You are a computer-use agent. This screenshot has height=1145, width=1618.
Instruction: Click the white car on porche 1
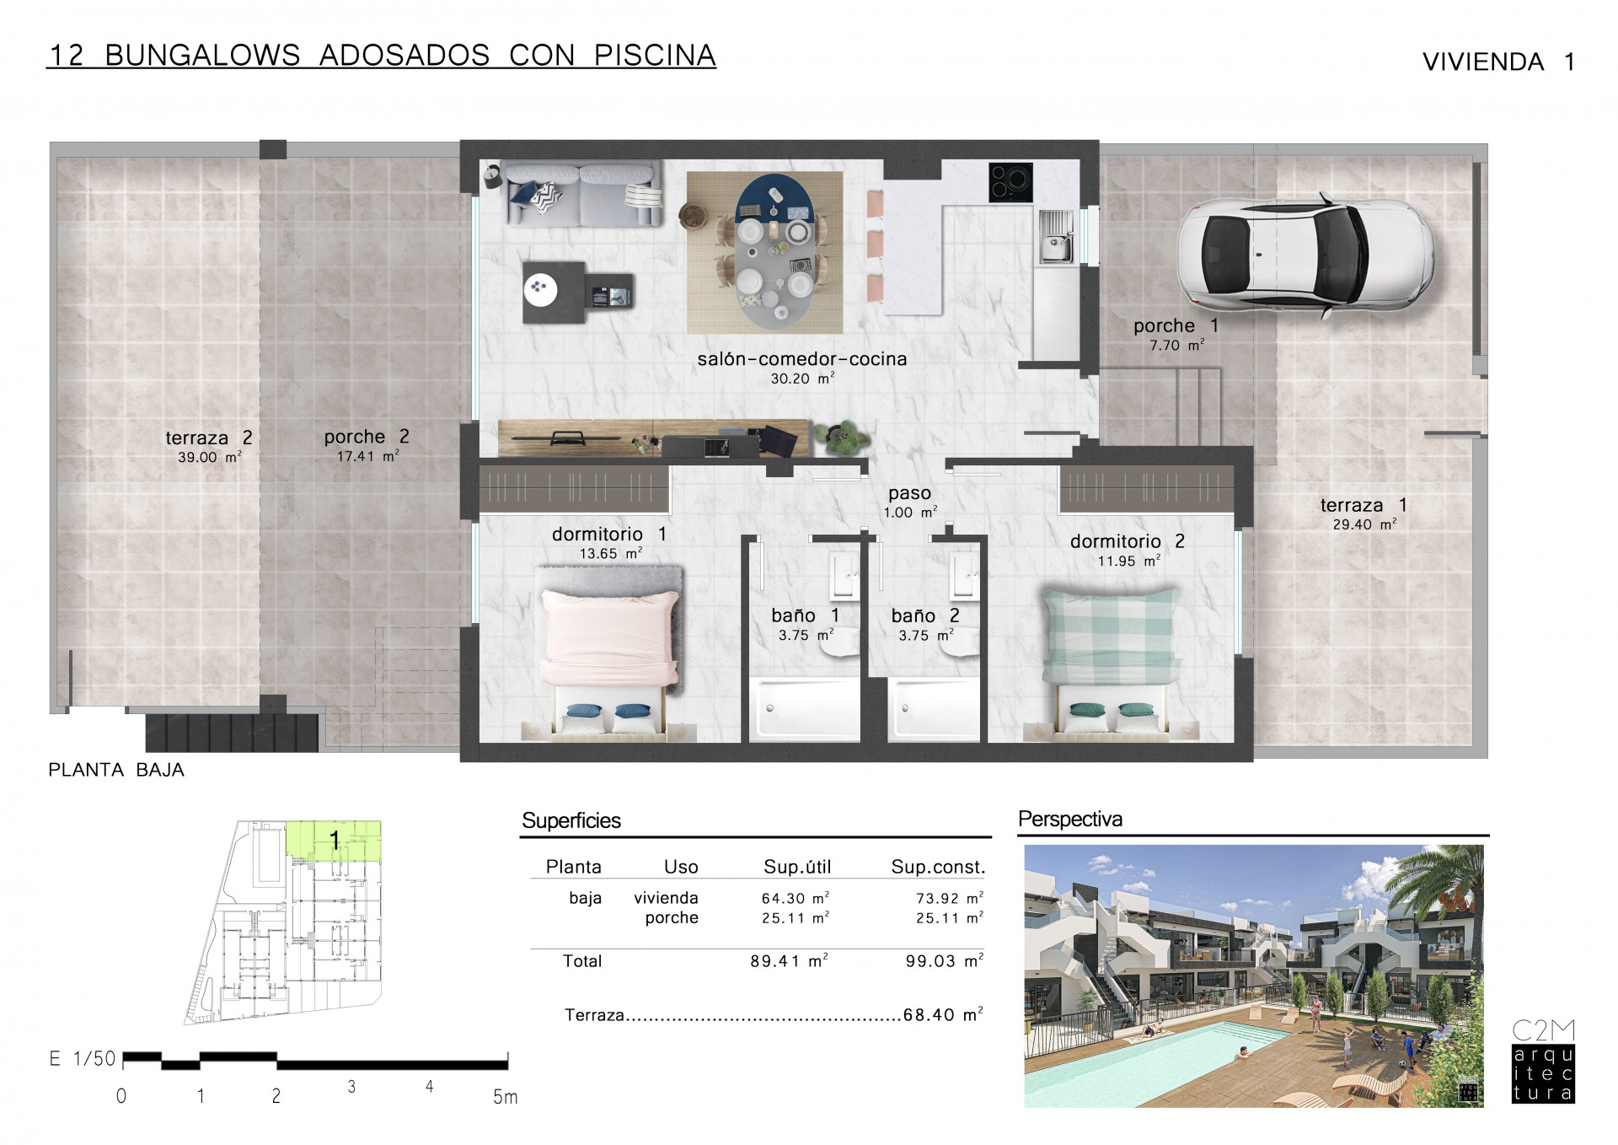1305,256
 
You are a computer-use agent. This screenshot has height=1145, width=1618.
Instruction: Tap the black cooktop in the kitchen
1010,181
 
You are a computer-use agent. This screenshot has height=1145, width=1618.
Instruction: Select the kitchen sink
1056,237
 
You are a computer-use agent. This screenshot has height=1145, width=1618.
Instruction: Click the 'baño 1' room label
805,616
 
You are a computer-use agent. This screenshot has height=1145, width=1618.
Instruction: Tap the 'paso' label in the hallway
909,492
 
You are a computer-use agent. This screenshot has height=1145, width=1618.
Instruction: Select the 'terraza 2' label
208,438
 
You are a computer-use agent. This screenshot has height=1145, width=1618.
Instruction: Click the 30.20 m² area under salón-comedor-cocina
802,379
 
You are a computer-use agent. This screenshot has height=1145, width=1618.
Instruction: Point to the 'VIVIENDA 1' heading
1498,62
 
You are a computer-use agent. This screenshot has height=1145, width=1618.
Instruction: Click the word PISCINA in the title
655,55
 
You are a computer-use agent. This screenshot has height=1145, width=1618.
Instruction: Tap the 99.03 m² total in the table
944,960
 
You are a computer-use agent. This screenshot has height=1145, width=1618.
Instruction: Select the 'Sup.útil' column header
797,867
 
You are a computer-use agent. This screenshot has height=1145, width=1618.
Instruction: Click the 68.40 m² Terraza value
943,1014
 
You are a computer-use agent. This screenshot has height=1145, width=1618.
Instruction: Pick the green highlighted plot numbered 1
334,840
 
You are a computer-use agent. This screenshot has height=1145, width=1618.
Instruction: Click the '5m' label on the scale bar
505,1097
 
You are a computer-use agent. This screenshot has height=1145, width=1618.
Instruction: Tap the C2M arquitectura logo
1543,1062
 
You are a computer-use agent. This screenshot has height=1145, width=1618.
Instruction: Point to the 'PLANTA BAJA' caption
116,770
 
